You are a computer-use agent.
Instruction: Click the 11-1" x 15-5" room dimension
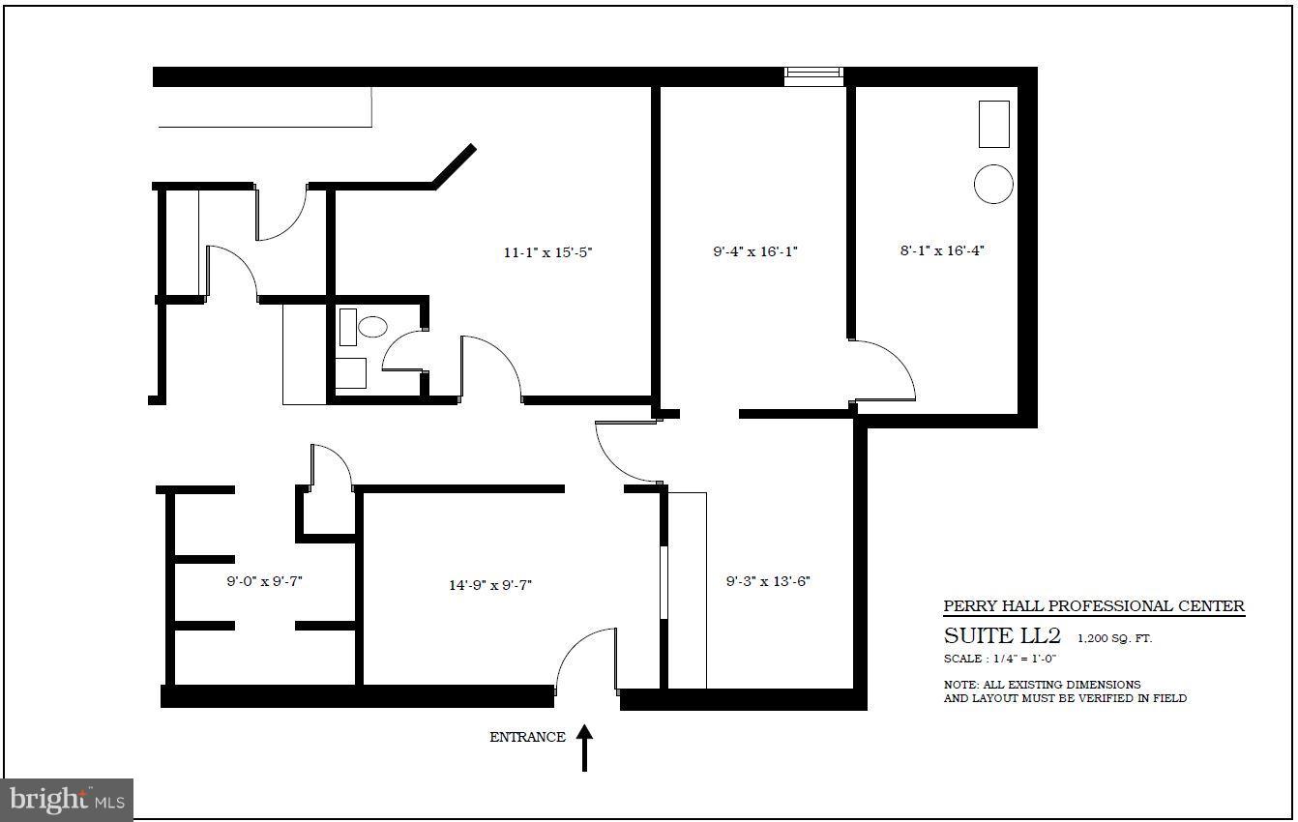[x=547, y=252]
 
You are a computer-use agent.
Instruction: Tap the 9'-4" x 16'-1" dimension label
[x=755, y=251]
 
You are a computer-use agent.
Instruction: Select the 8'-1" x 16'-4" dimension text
[x=942, y=250]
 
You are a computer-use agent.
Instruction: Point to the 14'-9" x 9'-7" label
[x=490, y=584]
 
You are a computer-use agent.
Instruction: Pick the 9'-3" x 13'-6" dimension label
[x=768, y=581]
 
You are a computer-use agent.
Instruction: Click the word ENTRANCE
[x=527, y=737]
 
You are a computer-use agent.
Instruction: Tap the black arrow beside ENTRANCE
[x=584, y=748]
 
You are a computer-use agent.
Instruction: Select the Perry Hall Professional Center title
[x=1094, y=606]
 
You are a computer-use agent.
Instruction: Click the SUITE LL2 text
[x=1002, y=636]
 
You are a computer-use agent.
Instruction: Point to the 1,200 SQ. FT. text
[x=1114, y=638]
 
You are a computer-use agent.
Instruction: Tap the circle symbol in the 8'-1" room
[x=993, y=184]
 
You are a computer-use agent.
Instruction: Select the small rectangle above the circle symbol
[x=993, y=124]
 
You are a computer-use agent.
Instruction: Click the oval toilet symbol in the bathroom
[x=372, y=326]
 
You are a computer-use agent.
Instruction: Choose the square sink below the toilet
[x=350, y=372]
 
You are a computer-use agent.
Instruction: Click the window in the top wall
[x=813, y=75]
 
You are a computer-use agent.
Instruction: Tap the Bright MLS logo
[x=67, y=800]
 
